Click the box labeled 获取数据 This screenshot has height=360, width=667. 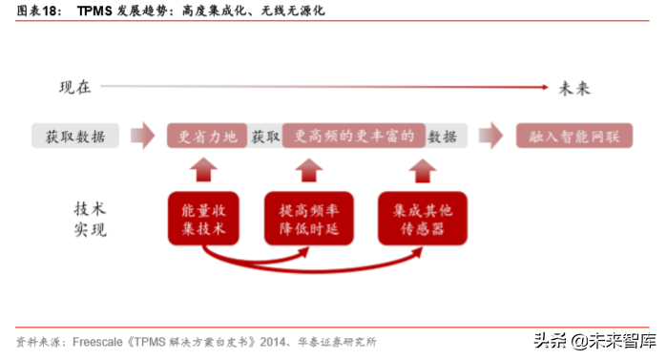[x=75, y=136]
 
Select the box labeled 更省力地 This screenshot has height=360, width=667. [x=206, y=136]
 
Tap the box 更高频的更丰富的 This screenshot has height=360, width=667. [x=354, y=136]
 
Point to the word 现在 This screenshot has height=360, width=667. [x=74, y=88]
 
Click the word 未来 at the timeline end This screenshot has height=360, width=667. [x=574, y=88]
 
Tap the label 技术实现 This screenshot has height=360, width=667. [x=91, y=219]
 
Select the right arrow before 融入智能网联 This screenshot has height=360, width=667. [x=490, y=136]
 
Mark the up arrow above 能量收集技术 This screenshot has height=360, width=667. [x=202, y=170]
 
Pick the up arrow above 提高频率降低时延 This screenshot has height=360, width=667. [x=308, y=170]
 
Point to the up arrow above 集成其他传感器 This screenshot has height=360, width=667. [x=418, y=170]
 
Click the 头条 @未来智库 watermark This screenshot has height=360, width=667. [x=594, y=340]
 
